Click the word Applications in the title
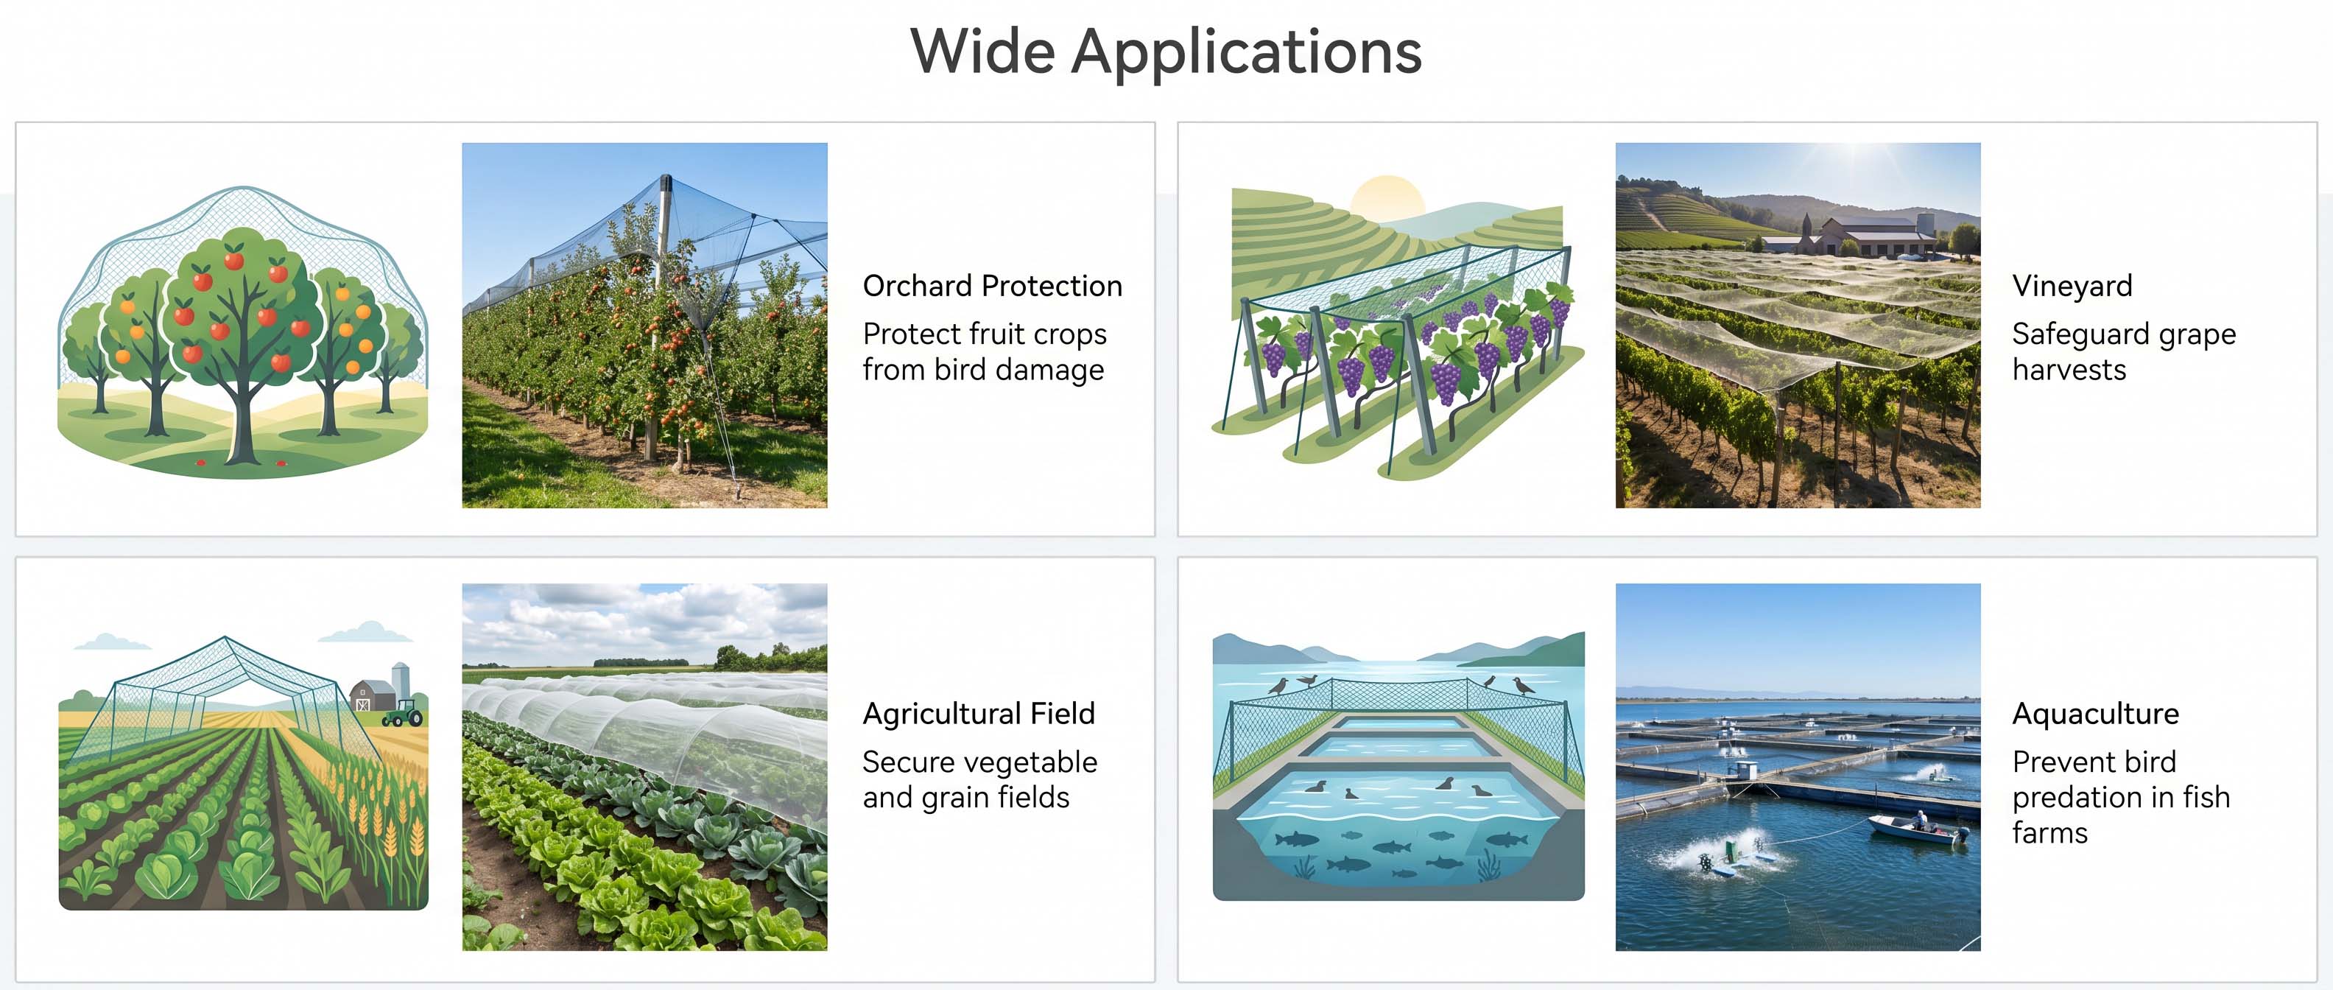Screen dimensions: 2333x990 [x=1246, y=52]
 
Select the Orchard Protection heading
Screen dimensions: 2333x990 [x=993, y=287]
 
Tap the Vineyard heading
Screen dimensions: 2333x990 [x=2072, y=287]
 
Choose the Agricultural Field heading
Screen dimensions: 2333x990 [x=979, y=714]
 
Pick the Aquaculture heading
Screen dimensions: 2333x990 [x=2096, y=714]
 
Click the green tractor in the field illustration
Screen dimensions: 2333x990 [x=403, y=713]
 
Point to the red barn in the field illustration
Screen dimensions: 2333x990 [x=371, y=695]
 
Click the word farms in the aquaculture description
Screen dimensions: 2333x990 [x=2049, y=833]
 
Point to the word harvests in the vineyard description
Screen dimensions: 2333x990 [x=2069, y=371]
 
